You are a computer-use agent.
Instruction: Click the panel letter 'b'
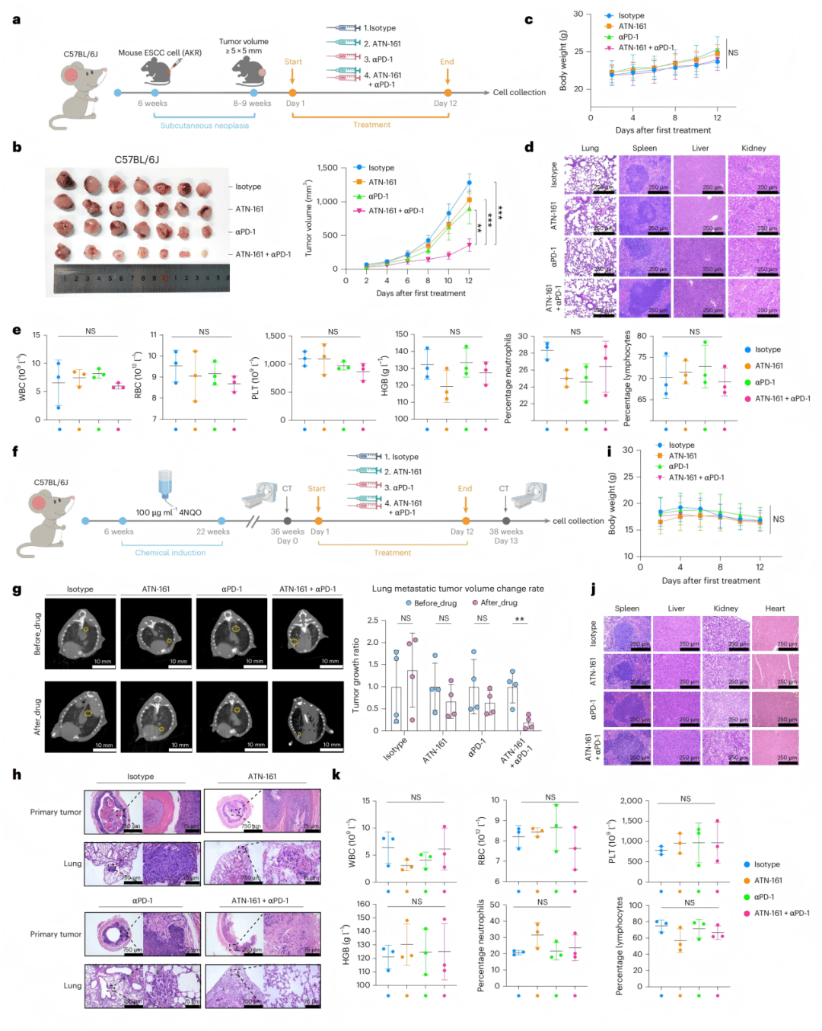pos(17,146)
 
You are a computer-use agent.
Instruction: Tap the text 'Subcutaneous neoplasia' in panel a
pos(204,126)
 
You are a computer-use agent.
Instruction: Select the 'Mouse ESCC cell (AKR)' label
pos(160,53)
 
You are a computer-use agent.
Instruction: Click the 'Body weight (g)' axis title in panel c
pos(563,60)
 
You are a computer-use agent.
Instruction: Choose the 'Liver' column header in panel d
pos(700,148)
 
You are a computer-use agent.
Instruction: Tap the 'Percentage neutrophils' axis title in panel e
pos(508,378)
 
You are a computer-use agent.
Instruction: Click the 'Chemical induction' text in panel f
pos(170,553)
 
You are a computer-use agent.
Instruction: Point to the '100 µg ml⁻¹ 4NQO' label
pos(168,512)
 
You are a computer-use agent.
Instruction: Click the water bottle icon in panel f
pos(167,486)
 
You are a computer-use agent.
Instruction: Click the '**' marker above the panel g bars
pos(520,619)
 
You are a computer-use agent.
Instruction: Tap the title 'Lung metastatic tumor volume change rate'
pos(457,589)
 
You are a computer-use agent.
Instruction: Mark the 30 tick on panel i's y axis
pos(628,450)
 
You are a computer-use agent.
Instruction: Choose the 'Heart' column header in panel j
pos(775,608)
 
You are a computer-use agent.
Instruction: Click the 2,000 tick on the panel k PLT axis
pos(631,800)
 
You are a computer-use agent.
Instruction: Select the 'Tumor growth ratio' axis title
pos(355,675)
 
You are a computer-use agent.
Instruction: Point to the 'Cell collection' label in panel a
pos(519,92)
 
